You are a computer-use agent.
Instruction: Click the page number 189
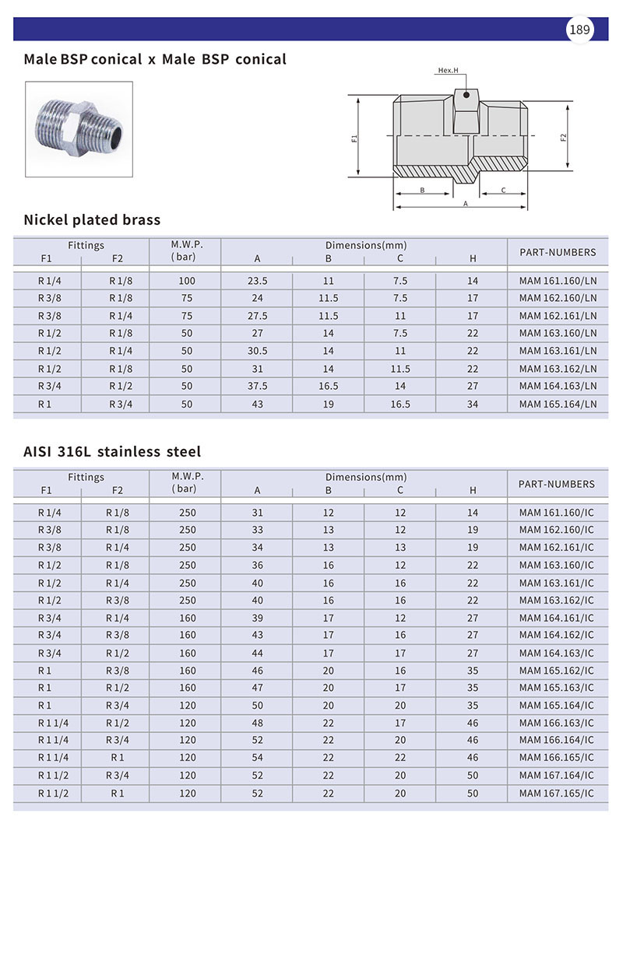click(x=579, y=30)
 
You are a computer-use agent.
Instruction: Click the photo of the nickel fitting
click(x=79, y=129)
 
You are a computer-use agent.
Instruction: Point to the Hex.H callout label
click(x=449, y=70)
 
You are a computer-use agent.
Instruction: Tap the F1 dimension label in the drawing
click(x=354, y=138)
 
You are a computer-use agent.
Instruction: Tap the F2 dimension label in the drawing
click(x=563, y=138)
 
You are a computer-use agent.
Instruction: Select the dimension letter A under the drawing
click(x=466, y=203)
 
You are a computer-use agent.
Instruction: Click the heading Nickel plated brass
click(x=92, y=219)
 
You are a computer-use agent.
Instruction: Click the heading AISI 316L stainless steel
click(x=112, y=451)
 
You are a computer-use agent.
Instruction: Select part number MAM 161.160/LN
click(x=558, y=281)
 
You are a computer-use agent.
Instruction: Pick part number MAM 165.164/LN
click(x=558, y=405)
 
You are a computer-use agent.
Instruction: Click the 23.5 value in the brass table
click(x=257, y=281)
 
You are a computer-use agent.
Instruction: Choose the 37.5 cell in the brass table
click(x=257, y=387)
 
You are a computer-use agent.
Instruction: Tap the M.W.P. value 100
click(x=186, y=281)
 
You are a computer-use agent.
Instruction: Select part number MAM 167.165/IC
click(x=556, y=794)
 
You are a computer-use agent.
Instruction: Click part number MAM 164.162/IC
click(x=556, y=636)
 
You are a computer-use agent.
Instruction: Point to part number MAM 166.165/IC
click(x=556, y=758)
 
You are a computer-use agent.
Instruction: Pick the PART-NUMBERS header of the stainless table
click(x=556, y=484)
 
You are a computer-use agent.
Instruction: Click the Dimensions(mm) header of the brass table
click(x=366, y=245)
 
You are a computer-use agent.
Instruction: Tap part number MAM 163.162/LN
click(x=558, y=369)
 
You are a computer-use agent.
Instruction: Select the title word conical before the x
click(x=116, y=59)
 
